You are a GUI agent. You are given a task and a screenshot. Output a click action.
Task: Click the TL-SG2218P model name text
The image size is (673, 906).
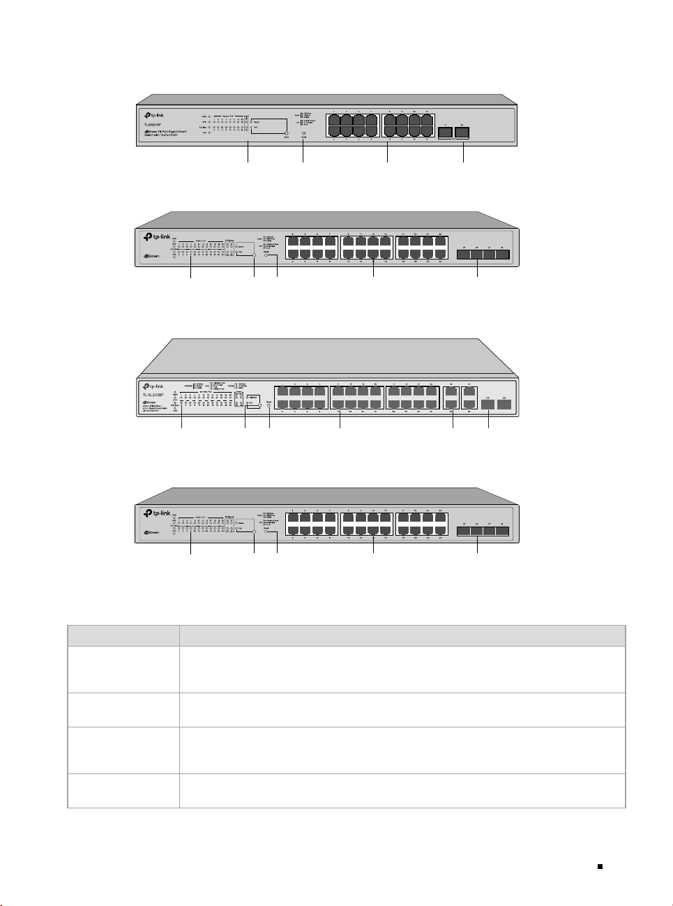pyautogui.click(x=148, y=126)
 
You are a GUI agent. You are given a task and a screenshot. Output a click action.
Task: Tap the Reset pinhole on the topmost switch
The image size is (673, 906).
pyautogui.click(x=303, y=133)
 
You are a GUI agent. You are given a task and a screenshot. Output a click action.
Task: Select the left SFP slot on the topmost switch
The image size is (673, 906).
pyautogui.click(x=445, y=133)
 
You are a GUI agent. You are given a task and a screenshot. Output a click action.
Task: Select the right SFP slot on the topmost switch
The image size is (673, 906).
pyautogui.click(x=462, y=133)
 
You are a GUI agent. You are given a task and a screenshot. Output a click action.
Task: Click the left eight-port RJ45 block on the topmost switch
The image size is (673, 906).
pyautogui.click(x=352, y=125)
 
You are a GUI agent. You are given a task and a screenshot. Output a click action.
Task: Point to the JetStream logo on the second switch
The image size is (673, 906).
pyautogui.click(x=151, y=256)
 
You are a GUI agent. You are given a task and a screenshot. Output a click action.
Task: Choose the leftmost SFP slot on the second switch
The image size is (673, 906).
pyautogui.click(x=463, y=255)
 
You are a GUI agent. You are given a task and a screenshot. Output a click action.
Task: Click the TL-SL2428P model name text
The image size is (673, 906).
pyautogui.click(x=153, y=395)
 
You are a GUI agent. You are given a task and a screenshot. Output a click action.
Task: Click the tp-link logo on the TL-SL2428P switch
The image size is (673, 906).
pyautogui.click(x=153, y=386)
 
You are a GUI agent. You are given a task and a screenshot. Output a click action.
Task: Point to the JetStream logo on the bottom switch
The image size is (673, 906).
pyautogui.click(x=151, y=533)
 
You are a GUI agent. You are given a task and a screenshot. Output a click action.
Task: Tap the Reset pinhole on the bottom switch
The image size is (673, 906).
pyautogui.click(x=266, y=533)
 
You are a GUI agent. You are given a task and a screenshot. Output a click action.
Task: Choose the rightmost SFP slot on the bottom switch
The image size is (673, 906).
pyautogui.click(x=502, y=531)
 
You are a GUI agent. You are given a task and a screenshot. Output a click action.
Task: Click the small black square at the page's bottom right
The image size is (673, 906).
pyautogui.click(x=599, y=867)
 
